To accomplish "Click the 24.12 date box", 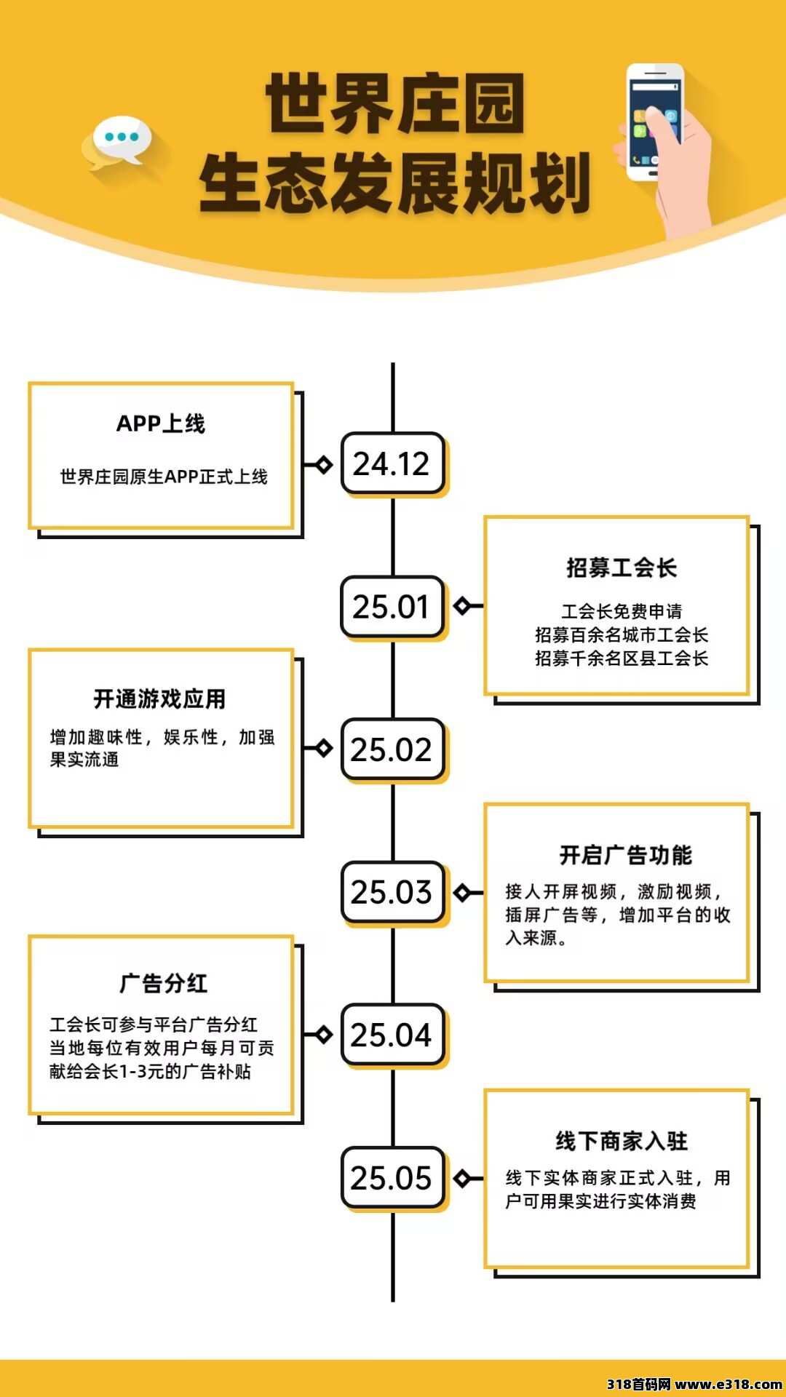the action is click(x=393, y=463).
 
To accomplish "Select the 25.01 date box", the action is click(x=393, y=607).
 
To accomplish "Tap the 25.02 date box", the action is click(x=393, y=749).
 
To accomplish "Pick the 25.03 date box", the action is click(x=393, y=892).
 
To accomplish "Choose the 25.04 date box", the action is click(x=393, y=1035).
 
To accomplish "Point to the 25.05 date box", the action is click(x=393, y=1178).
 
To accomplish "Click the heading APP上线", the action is click(x=161, y=423).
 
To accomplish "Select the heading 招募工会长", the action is click(x=622, y=568).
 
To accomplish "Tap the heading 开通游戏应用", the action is click(x=159, y=699).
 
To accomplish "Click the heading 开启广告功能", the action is click(x=625, y=855).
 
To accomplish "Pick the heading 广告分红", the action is click(x=164, y=984).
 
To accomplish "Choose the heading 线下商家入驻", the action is click(x=622, y=1141).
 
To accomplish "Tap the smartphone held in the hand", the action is click(x=654, y=122).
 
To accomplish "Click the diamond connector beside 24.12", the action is click(x=324, y=464).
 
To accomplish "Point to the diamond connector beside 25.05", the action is click(x=461, y=1178).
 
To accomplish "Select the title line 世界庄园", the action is click(x=394, y=103).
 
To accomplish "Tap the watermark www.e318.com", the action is click(x=729, y=1384).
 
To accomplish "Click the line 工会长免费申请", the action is click(x=622, y=611).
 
